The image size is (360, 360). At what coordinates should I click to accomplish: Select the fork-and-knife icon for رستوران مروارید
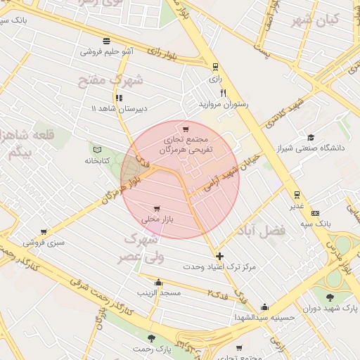coord(223,93)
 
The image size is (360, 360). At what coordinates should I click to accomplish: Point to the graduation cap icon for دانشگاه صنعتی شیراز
coord(311,137)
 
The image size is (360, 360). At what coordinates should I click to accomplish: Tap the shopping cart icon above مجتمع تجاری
coord(186,129)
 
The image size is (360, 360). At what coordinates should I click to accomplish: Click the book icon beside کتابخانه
coord(97,150)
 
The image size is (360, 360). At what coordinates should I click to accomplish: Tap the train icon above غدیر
coord(297,195)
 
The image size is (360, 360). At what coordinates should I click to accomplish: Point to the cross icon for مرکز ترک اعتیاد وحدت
coord(220,257)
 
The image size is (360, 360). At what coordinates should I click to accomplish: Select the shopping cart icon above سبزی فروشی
coord(44,232)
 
